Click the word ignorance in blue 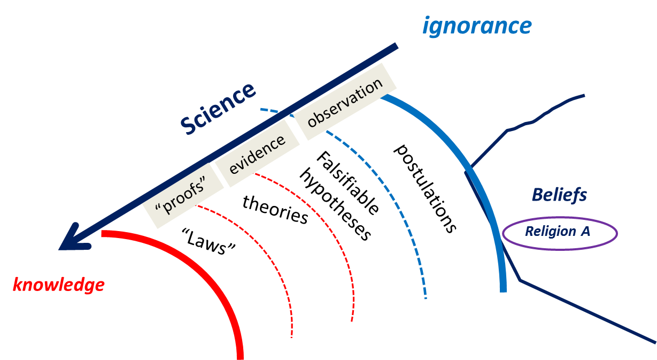pos(477,26)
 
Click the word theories pos(275,209)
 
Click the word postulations pos(425,188)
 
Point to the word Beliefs pos(559,195)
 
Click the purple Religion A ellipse pos(559,233)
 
